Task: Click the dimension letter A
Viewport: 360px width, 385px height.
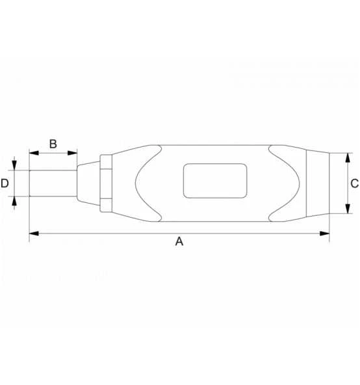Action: click(x=179, y=241)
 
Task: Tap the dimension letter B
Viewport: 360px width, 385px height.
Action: click(x=53, y=144)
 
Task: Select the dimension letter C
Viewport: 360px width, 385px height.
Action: click(x=355, y=183)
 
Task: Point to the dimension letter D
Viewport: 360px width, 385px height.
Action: click(x=5, y=183)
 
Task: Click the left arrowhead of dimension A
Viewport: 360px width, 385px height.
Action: click(x=34, y=233)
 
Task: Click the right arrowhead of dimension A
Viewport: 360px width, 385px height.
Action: click(x=324, y=233)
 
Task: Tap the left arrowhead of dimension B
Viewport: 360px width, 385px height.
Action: click(x=34, y=153)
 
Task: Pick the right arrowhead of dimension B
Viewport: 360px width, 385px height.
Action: click(x=72, y=153)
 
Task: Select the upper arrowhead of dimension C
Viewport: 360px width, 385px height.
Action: click(x=348, y=158)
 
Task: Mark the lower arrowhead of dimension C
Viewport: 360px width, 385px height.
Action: click(x=348, y=209)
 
